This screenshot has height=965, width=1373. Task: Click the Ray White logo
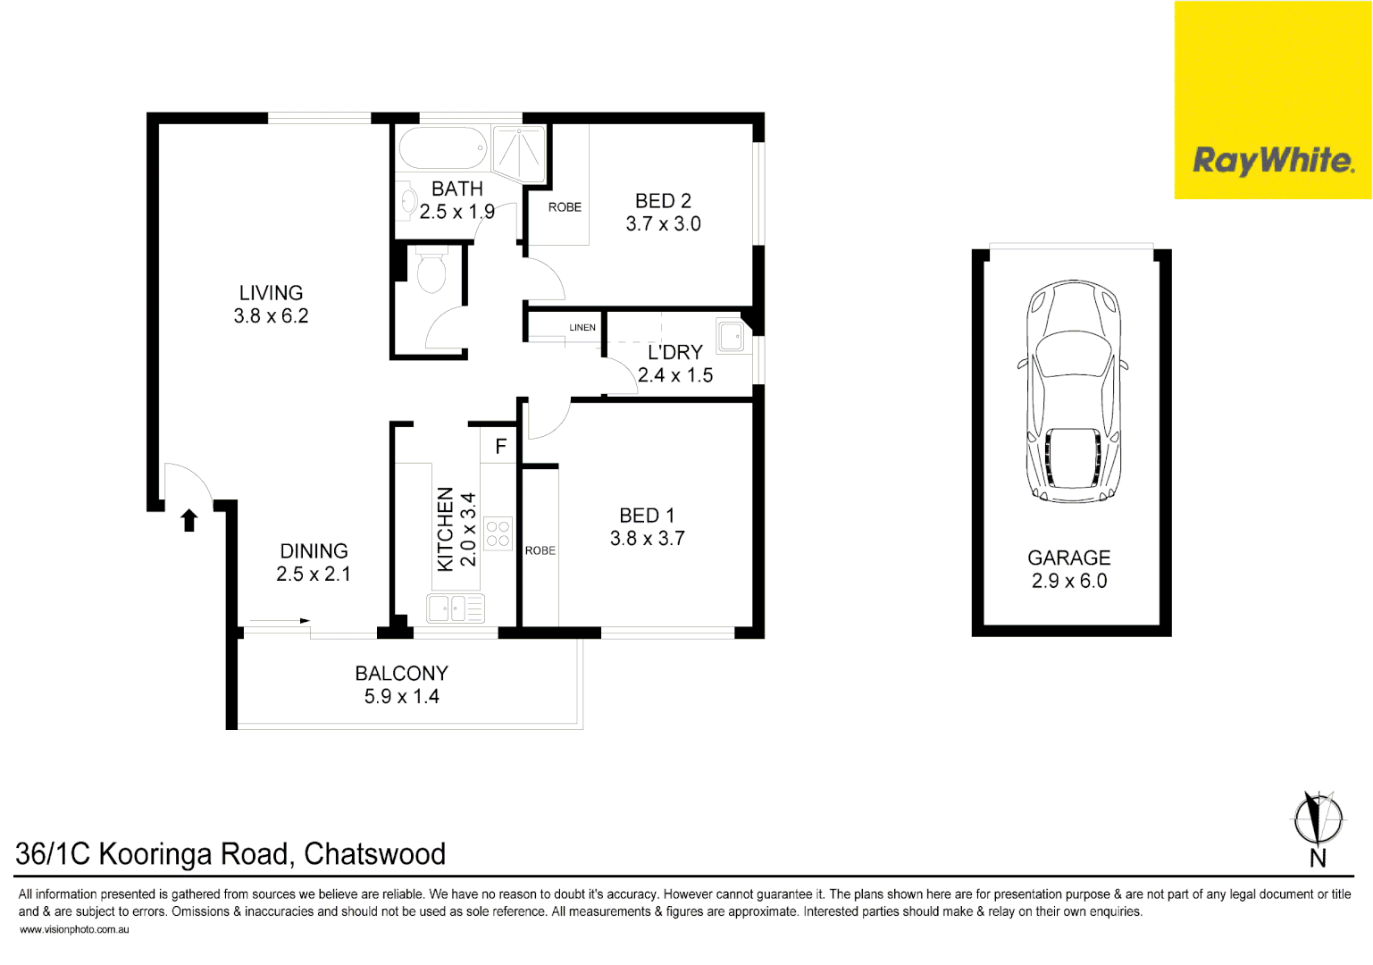click(1273, 161)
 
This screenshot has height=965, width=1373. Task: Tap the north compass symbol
click(1319, 818)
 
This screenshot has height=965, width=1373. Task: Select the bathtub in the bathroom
click(443, 148)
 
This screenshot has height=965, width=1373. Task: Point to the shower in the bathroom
click(519, 152)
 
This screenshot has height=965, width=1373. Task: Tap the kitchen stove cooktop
click(498, 534)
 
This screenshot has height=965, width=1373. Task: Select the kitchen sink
click(456, 608)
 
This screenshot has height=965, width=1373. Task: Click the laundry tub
click(732, 337)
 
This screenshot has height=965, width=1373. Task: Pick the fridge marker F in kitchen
click(501, 447)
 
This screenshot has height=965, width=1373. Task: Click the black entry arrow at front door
click(188, 520)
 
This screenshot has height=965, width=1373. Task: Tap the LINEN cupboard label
click(582, 328)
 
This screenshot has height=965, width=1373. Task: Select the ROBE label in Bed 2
click(565, 207)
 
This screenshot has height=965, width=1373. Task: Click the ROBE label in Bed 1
click(540, 551)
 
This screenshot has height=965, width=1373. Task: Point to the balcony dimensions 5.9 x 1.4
click(401, 697)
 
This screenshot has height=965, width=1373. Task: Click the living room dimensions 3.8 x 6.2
click(271, 316)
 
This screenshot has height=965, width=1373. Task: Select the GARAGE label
click(1068, 558)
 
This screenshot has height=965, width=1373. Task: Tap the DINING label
click(314, 551)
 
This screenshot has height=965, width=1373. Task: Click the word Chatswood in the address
click(374, 854)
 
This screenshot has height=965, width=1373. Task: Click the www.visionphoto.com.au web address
click(74, 930)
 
